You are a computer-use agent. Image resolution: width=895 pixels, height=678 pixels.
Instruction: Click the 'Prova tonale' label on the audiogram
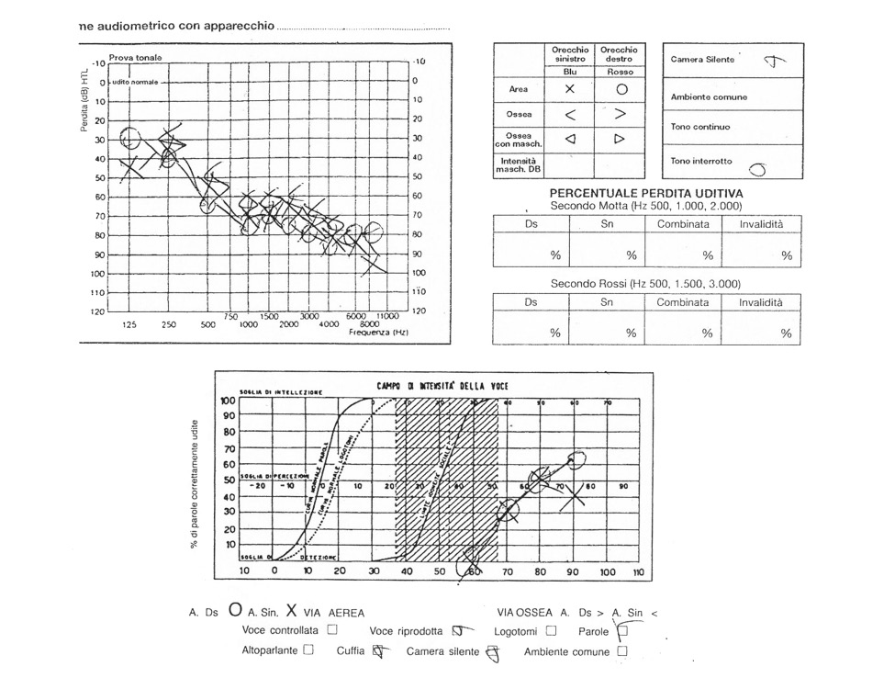(x=135, y=58)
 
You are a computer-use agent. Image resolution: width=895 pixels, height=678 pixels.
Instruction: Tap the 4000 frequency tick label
(x=328, y=324)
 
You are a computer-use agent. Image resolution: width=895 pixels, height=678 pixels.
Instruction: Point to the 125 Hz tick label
(x=129, y=324)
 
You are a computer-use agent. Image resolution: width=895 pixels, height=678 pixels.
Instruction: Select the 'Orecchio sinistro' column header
(x=569, y=54)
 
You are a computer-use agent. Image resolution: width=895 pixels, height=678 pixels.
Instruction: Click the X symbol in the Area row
(x=570, y=90)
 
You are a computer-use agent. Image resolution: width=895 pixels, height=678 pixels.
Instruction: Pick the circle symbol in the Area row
(x=621, y=90)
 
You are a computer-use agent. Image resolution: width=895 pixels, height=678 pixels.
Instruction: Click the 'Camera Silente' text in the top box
(x=702, y=60)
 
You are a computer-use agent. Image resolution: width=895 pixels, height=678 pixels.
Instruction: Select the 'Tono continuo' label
(x=700, y=127)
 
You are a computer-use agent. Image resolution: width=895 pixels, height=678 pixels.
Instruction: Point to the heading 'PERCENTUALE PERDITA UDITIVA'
(x=646, y=194)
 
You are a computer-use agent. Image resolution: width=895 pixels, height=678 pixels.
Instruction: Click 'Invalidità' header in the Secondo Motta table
(x=769, y=224)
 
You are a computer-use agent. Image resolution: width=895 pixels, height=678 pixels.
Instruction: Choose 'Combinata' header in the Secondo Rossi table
(x=682, y=302)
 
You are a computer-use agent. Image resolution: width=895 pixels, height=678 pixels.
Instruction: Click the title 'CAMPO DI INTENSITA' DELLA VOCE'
(x=442, y=386)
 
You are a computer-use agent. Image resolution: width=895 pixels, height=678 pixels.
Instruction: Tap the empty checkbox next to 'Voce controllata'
(x=332, y=630)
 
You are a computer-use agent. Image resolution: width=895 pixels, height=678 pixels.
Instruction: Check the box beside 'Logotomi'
(x=551, y=630)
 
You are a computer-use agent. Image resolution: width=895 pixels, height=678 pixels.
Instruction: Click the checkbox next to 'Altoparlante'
(x=308, y=651)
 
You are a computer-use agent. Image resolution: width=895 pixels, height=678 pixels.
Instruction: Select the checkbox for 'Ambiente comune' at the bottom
(x=622, y=651)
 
